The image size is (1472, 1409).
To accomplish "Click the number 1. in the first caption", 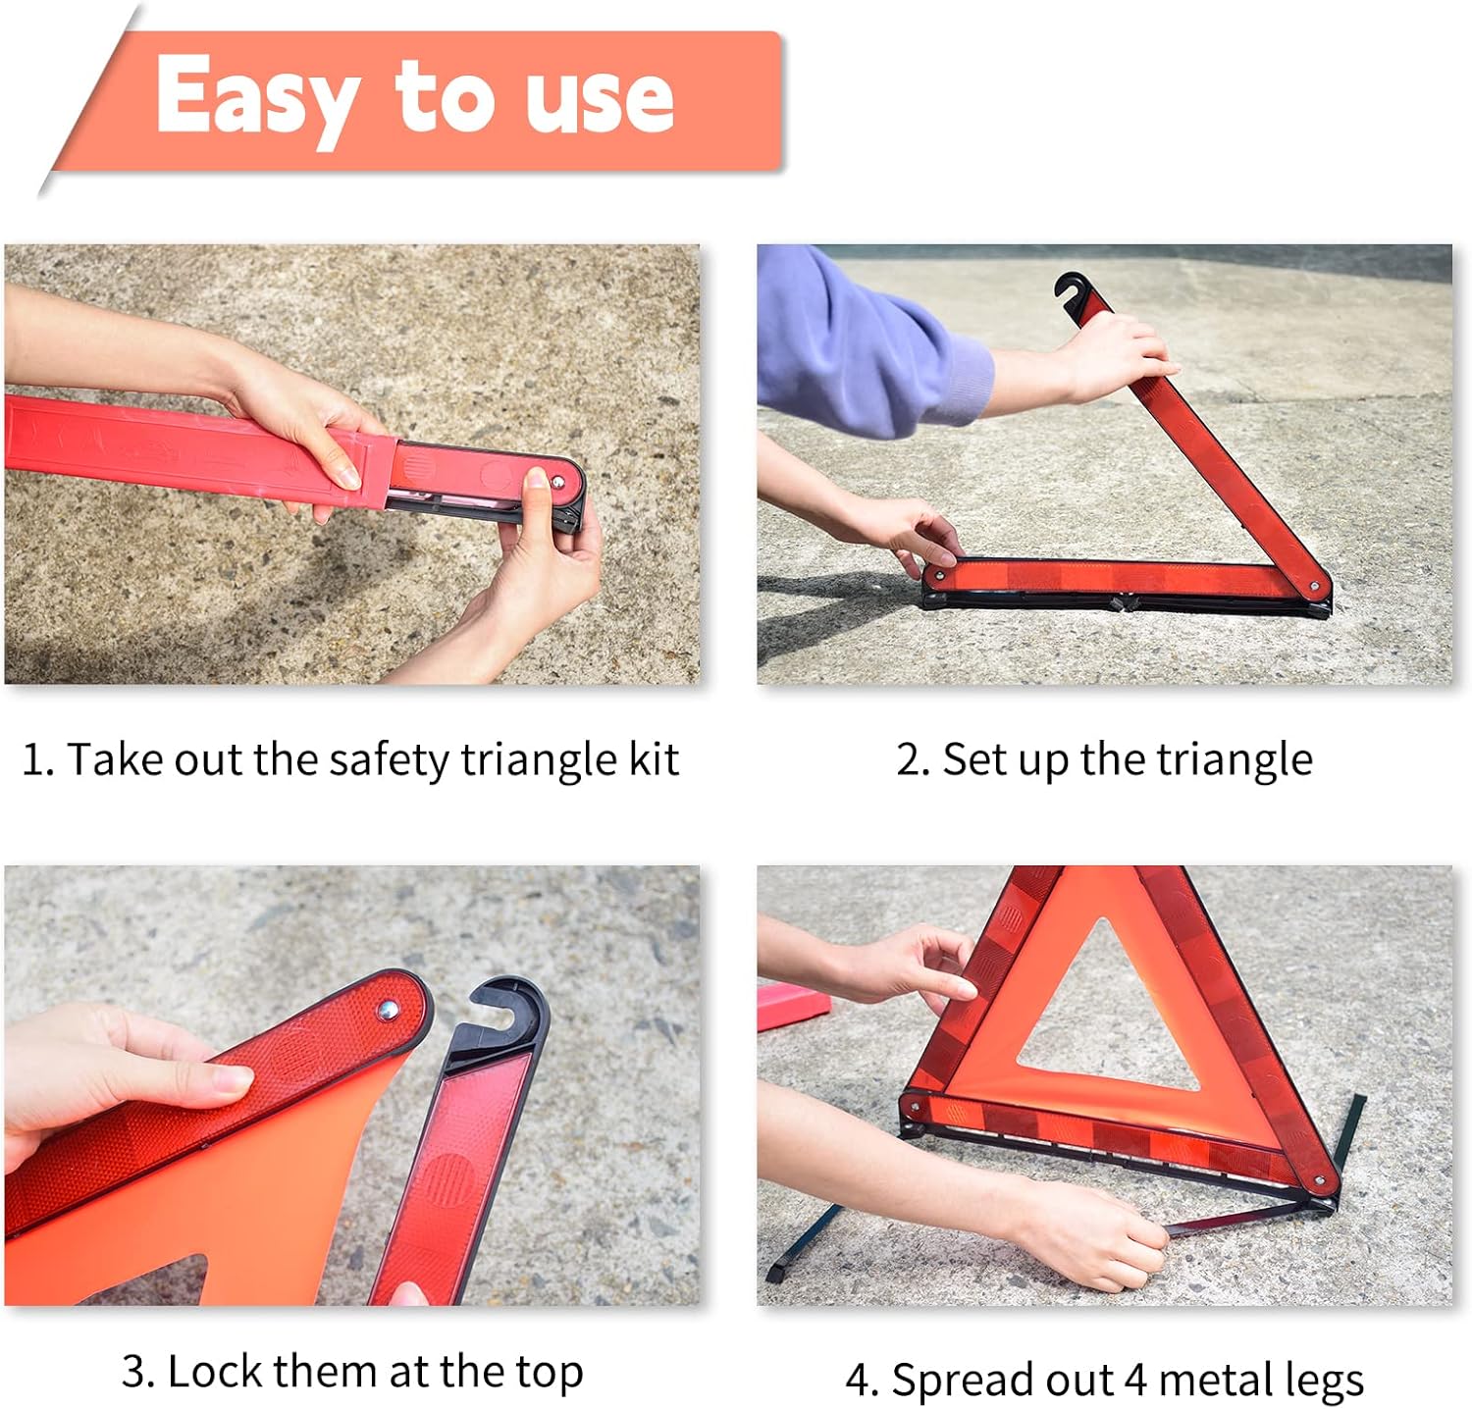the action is click(37, 760).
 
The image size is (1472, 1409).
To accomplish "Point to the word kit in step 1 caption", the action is click(654, 759).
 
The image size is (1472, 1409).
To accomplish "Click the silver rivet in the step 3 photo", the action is click(388, 1010).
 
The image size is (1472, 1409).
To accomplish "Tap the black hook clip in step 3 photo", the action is click(505, 1012).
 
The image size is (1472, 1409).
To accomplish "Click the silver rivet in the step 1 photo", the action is click(557, 483).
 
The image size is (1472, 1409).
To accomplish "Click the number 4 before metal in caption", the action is click(1135, 1380).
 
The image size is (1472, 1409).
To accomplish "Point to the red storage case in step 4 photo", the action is click(793, 1005).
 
